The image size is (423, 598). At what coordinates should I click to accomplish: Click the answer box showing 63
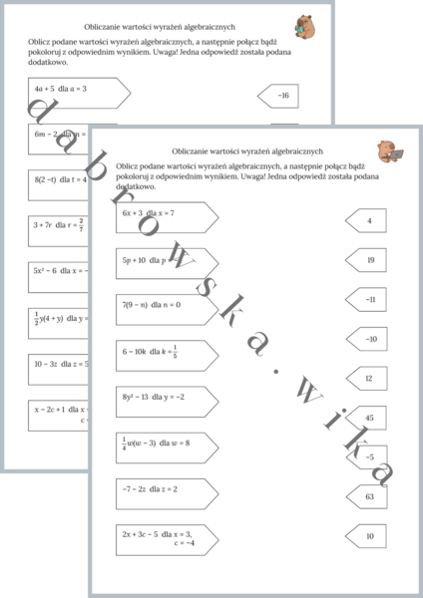coord(366,495)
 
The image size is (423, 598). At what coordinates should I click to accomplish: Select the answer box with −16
coord(279,96)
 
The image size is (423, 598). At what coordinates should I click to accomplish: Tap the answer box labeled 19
coord(366,260)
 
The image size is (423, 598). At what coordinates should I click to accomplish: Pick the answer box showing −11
coord(366,299)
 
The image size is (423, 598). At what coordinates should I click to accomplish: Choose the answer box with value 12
coord(366,379)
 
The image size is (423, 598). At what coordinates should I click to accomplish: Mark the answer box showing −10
coord(366,339)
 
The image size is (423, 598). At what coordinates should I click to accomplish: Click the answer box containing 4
coord(366,220)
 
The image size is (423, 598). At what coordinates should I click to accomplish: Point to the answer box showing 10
coord(366,536)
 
